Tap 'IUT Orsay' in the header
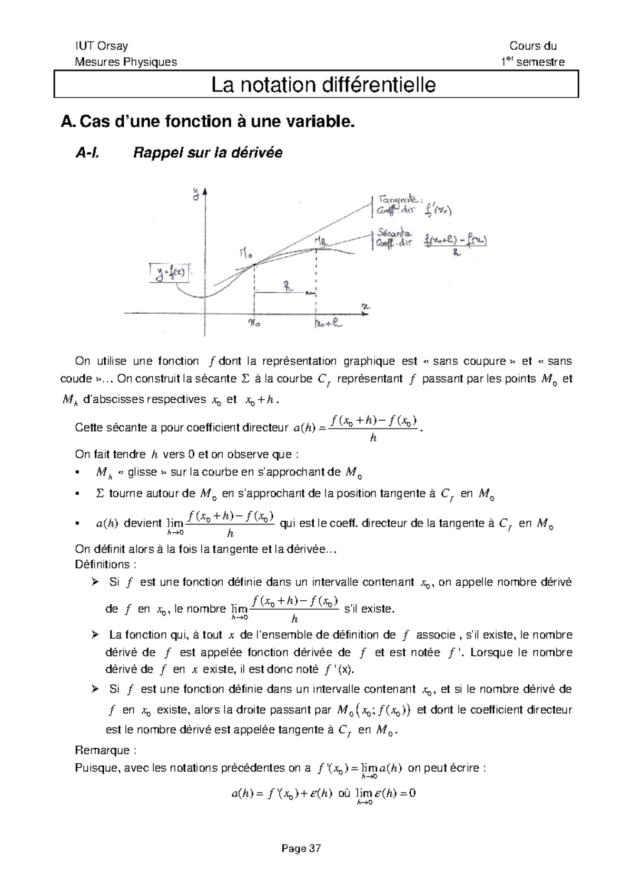coord(101,46)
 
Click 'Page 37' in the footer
coord(301,848)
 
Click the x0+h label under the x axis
coord(328,324)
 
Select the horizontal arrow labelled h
coord(285,292)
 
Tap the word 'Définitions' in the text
coord(102,564)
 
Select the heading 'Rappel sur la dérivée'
coord(208,153)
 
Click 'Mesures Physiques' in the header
coord(126,62)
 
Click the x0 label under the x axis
coord(254,324)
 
